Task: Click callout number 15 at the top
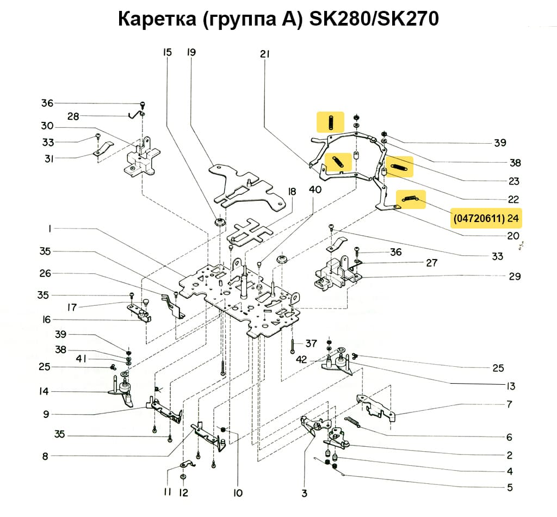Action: tap(167, 53)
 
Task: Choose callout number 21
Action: tap(265, 54)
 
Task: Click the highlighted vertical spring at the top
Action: tap(330, 122)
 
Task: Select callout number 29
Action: tap(515, 276)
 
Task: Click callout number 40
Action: tap(315, 189)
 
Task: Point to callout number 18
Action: tap(292, 192)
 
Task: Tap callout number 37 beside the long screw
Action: tap(311, 343)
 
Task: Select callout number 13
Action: tap(510, 386)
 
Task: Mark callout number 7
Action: tap(509, 405)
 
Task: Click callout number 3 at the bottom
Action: tap(304, 493)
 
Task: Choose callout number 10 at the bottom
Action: tap(237, 493)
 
